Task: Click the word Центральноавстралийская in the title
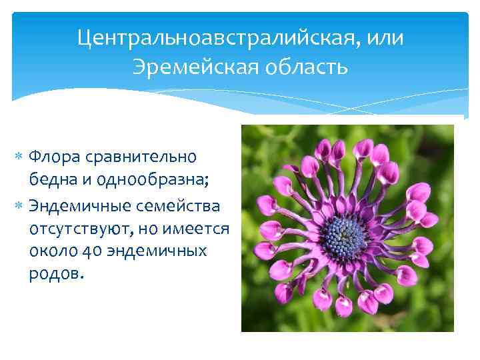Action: tap(219, 37)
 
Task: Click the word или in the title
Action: tap(387, 37)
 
